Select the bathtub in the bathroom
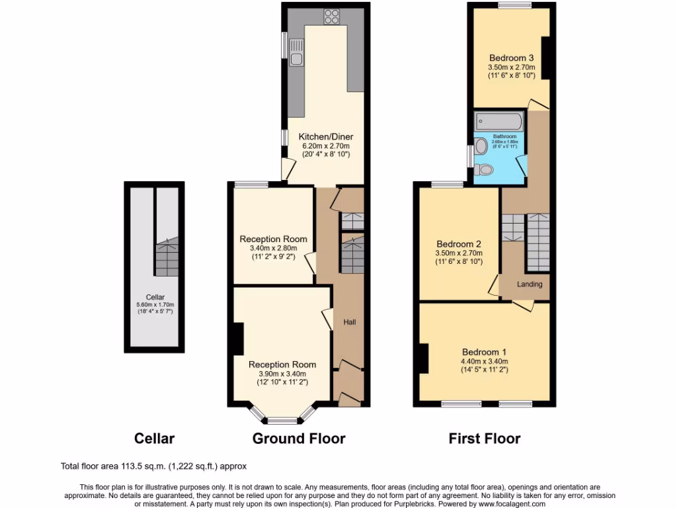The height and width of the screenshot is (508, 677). tap(499, 122)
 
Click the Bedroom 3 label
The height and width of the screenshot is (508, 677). tap(511, 58)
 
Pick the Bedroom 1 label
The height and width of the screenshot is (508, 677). tap(484, 352)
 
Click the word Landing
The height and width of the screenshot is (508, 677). tap(530, 284)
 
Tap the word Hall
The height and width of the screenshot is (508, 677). tap(350, 322)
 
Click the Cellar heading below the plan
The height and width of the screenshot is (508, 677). tap(154, 438)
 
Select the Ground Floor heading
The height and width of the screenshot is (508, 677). tap(299, 438)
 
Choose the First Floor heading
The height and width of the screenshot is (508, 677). tap(484, 438)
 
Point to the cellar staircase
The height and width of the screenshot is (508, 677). tap(167, 258)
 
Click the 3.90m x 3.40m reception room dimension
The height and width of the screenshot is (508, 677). tap(282, 373)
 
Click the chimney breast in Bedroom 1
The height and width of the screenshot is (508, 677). tap(422, 359)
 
